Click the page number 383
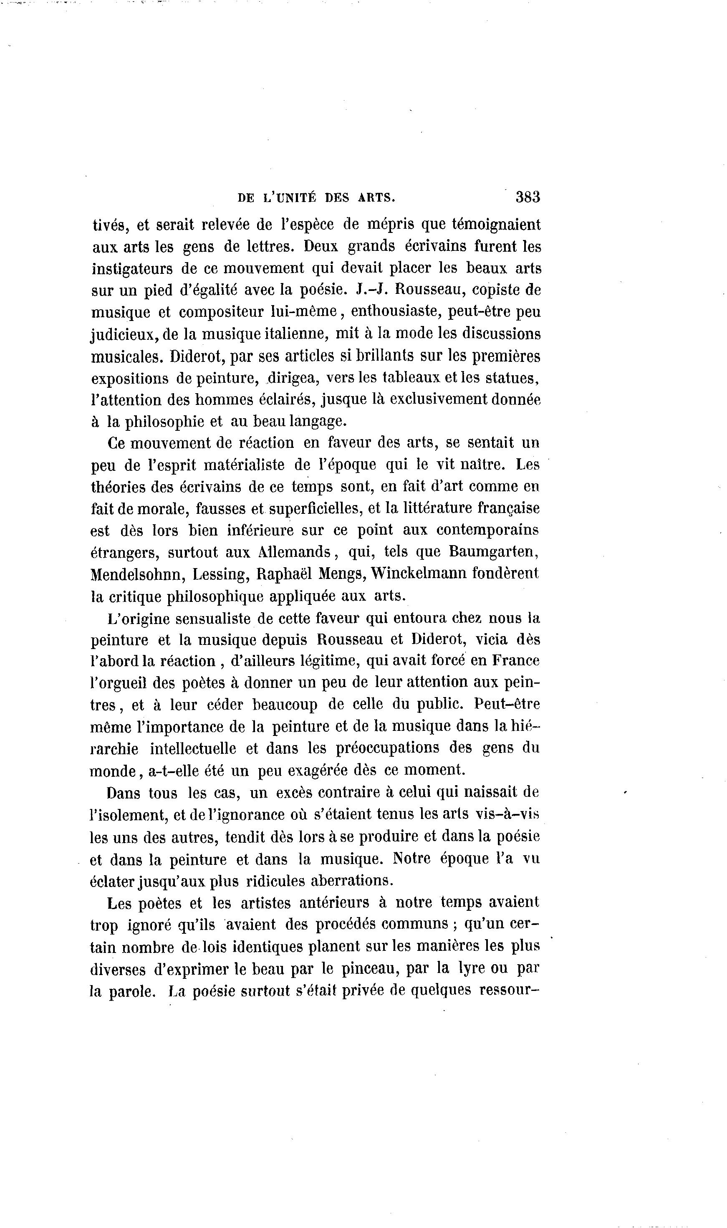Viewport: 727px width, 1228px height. tap(527, 197)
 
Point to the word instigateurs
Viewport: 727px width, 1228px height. tap(132, 268)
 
